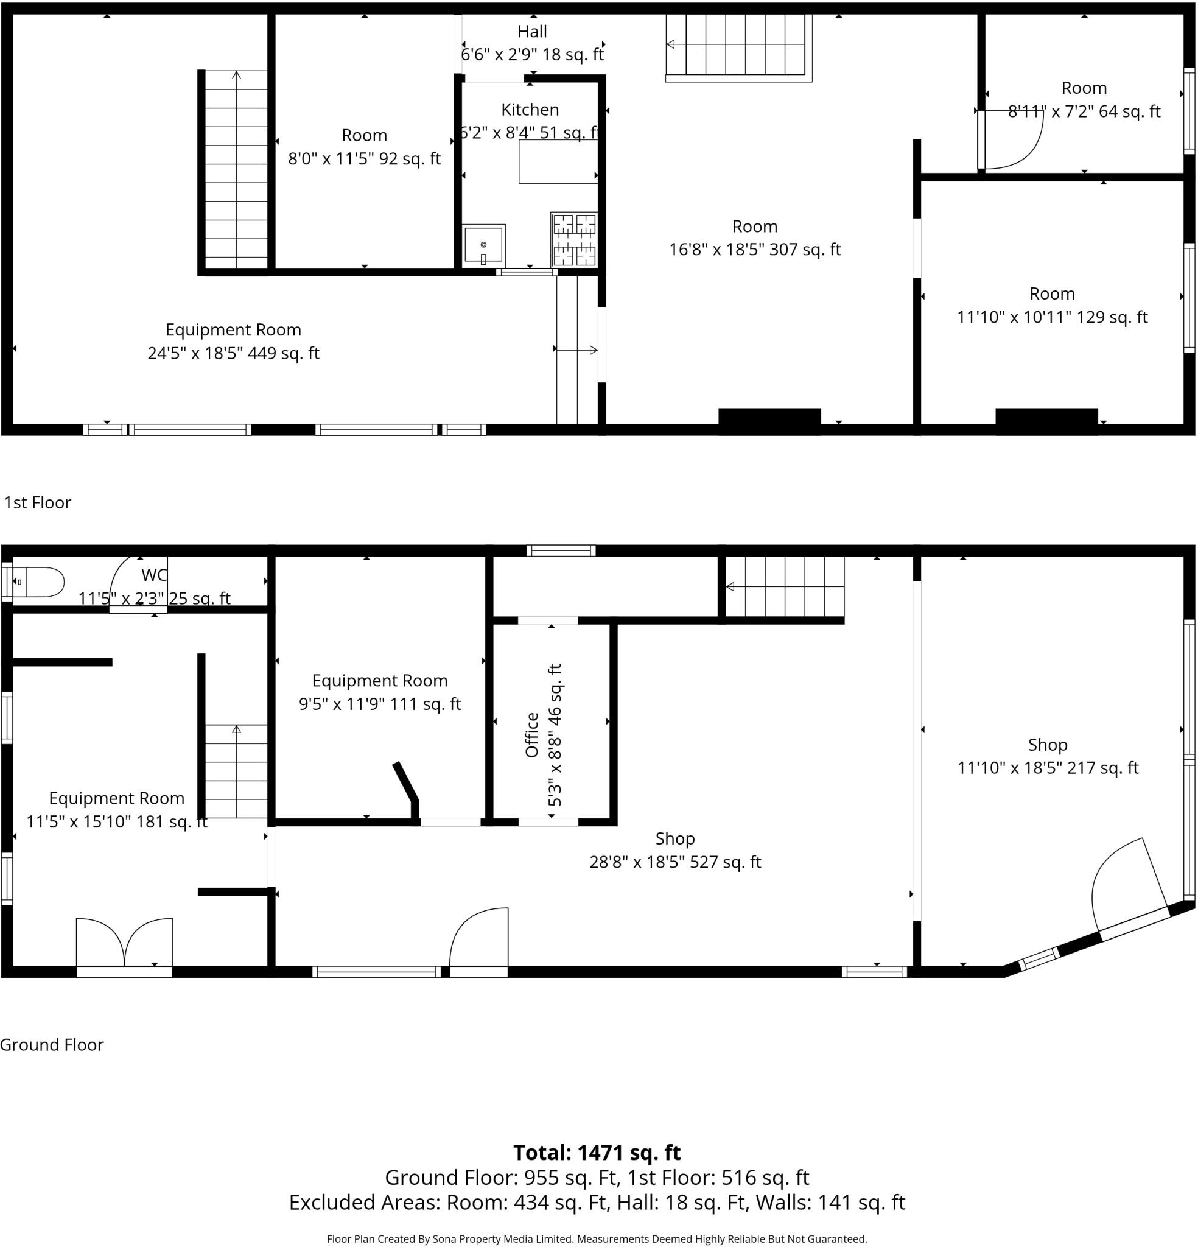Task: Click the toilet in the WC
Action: click(x=40, y=582)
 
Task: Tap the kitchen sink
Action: click(x=483, y=245)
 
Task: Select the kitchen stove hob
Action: click(x=574, y=240)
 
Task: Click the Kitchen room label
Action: click(x=530, y=110)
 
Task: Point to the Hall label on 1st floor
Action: click(x=532, y=32)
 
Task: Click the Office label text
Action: click(x=532, y=735)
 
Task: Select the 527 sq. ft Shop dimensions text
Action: click(x=674, y=862)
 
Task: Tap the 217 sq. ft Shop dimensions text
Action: click(x=1047, y=768)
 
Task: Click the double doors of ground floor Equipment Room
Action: click(x=124, y=944)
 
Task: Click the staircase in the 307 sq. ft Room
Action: click(x=738, y=46)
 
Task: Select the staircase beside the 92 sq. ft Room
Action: click(x=236, y=170)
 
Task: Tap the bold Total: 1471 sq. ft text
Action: click(x=597, y=1152)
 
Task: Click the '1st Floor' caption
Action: click(x=38, y=502)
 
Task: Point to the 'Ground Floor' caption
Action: click(x=52, y=1045)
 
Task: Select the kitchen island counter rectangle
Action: click(x=558, y=162)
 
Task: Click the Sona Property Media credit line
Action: click(x=597, y=1238)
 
